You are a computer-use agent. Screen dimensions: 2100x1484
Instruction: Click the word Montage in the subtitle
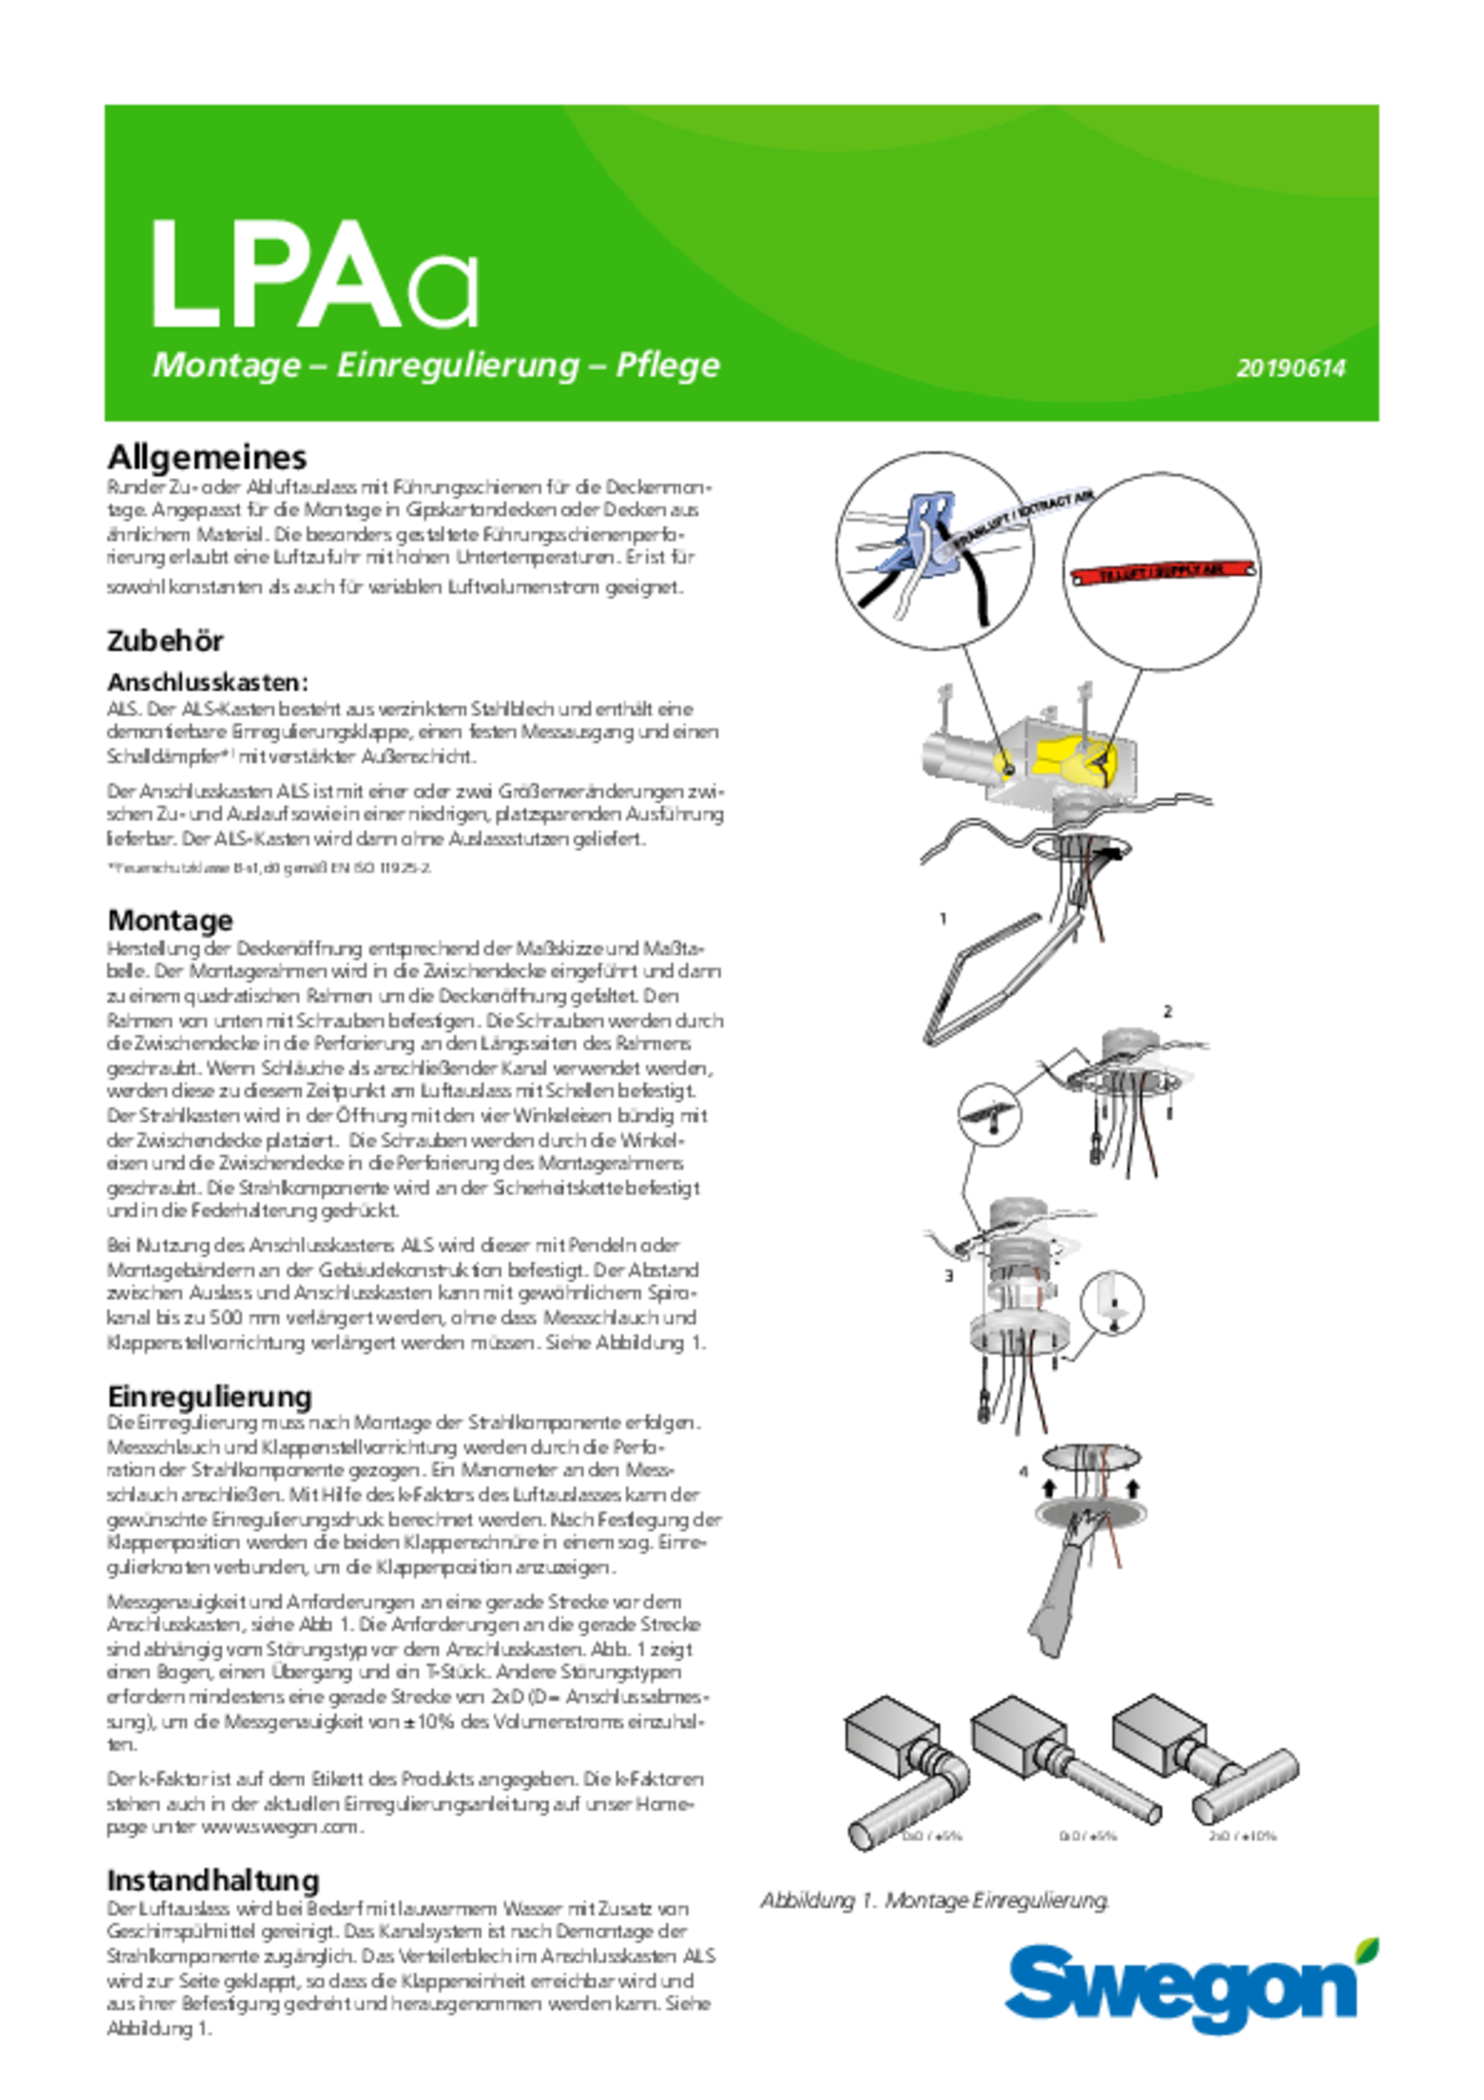[x=226, y=365]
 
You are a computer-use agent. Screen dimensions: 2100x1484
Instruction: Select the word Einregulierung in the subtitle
[x=457, y=365]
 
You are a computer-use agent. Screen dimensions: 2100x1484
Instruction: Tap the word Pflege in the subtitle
[x=667, y=365]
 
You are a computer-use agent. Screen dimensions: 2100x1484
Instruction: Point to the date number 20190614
[x=1290, y=368]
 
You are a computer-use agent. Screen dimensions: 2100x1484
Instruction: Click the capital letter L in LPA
[x=184, y=276]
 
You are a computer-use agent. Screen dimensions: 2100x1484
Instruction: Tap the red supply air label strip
[x=1159, y=572]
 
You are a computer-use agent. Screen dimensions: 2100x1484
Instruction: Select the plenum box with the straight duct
[x=1020, y=1739]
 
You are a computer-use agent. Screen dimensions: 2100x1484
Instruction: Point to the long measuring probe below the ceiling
[x=983, y=983]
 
